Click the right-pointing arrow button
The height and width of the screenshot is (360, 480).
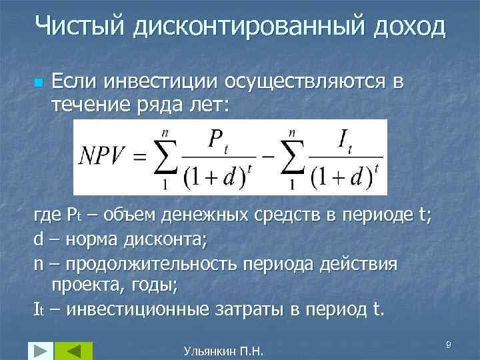pos(39,350)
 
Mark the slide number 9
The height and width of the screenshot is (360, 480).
pos(448,343)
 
